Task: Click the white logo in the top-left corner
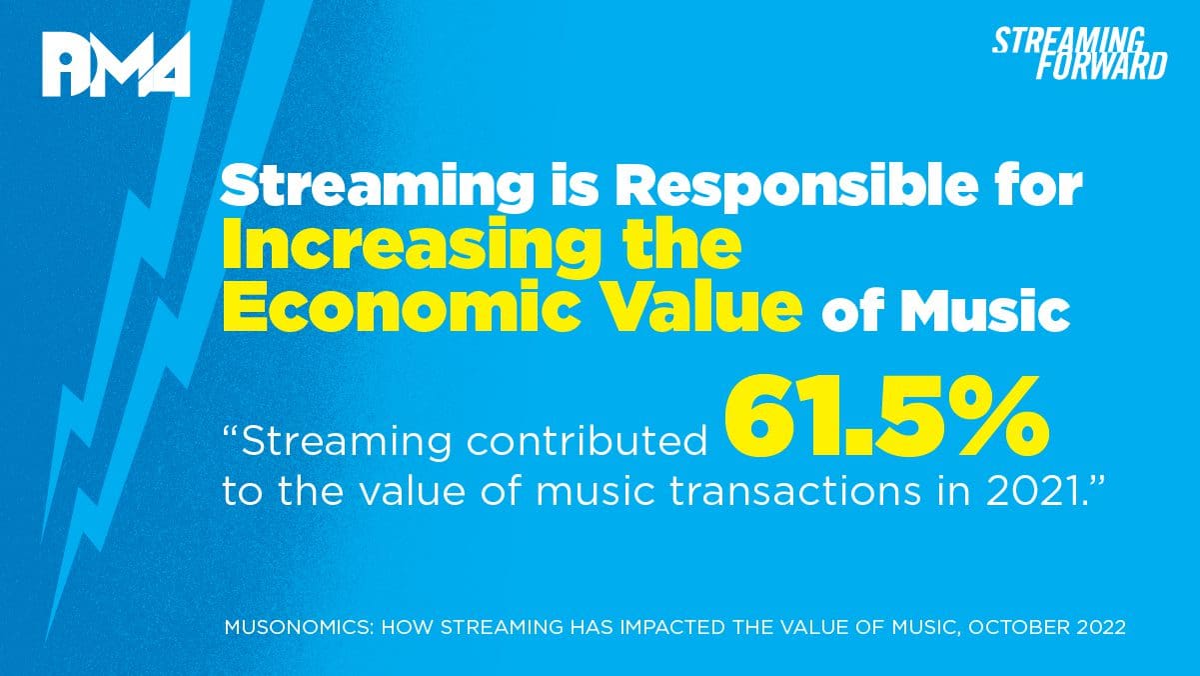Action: coord(116,64)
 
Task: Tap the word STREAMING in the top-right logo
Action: coord(1069,41)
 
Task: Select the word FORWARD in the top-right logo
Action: coord(1101,66)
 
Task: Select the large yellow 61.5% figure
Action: coord(886,416)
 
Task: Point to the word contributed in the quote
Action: coord(587,442)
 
